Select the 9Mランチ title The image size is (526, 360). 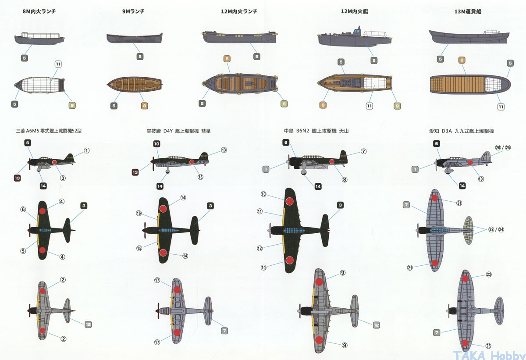(x=134, y=12)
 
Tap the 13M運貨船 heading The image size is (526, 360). (x=468, y=12)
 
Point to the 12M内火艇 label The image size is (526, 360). (x=355, y=12)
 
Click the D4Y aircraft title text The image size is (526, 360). (x=178, y=131)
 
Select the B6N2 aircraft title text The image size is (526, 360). (x=316, y=131)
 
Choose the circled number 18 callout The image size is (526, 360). (x=200, y=177)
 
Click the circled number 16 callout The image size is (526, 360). (x=139, y=214)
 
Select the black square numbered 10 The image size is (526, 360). (x=157, y=144)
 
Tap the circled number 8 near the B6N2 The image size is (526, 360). (x=345, y=179)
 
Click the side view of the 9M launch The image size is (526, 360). (x=134, y=38)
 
